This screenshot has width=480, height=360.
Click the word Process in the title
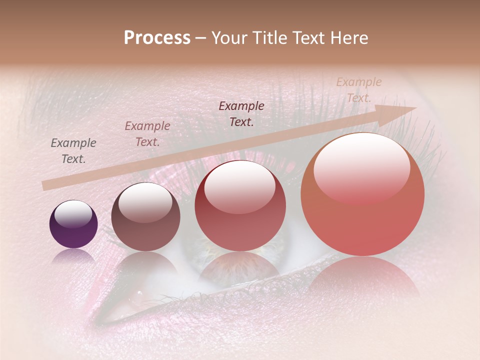click(x=157, y=38)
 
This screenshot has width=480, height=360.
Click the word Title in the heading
click(x=270, y=38)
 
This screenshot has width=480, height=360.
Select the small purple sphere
click(x=73, y=224)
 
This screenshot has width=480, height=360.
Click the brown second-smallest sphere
click(x=145, y=217)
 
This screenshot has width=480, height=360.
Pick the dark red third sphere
click(x=240, y=206)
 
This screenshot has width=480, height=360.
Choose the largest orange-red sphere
click(x=362, y=194)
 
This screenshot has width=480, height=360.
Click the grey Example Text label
click(x=73, y=151)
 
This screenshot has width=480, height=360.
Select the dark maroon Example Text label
click(x=241, y=114)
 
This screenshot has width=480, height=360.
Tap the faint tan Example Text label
click(x=358, y=90)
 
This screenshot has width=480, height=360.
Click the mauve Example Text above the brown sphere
click(x=147, y=134)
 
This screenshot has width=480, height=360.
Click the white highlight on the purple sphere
click(x=73, y=214)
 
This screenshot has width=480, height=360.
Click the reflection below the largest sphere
click(x=362, y=275)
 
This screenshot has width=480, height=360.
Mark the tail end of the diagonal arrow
click(x=46, y=185)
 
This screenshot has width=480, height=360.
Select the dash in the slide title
click(x=200, y=38)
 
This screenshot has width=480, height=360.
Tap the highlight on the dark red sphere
click(x=240, y=186)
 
